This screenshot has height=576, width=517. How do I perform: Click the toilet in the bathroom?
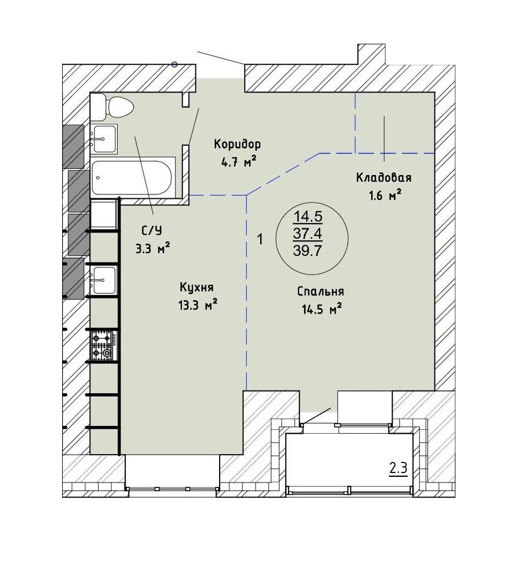[x=112, y=107]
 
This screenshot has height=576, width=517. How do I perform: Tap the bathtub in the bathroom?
[x=133, y=178]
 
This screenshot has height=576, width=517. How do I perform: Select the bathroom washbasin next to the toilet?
[x=104, y=139]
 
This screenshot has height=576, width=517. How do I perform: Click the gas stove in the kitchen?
[x=104, y=345]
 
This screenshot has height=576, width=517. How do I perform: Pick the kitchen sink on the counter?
[x=104, y=280]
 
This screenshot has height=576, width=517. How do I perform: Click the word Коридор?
[x=237, y=145]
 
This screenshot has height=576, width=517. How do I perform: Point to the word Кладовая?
[x=383, y=178]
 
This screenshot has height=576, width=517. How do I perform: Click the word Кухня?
[x=196, y=287]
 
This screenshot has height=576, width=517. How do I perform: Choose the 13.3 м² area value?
[x=197, y=305]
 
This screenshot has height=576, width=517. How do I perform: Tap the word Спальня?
[x=321, y=292]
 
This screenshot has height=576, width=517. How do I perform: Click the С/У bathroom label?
[x=151, y=231]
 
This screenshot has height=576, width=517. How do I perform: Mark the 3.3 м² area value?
[x=153, y=249]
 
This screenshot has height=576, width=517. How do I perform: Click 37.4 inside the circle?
[x=308, y=233]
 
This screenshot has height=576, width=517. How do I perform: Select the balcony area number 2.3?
[x=398, y=469]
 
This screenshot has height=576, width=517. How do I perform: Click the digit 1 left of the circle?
[x=260, y=239]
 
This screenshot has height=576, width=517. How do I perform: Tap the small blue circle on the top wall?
[x=174, y=65]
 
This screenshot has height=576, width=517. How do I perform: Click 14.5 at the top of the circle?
[x=308, y=217]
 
